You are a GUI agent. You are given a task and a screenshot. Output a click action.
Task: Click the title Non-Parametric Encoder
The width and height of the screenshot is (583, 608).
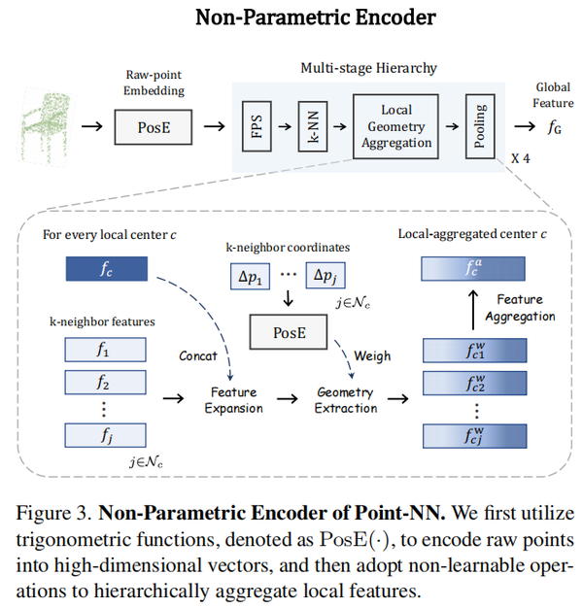pyautogui.click(x=291, y=17)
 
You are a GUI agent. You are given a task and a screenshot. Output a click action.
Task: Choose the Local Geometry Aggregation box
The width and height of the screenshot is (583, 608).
pyautogui.click(x=394, y=126)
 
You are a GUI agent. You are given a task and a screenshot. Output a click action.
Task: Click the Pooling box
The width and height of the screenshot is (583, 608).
pyautogui.click(x=479, y=126)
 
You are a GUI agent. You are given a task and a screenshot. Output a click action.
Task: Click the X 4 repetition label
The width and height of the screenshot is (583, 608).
pyautogui.click(x=523, y=159)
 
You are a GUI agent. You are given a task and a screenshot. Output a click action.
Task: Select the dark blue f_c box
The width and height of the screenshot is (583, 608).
pyautogui.click(x=105, y=269)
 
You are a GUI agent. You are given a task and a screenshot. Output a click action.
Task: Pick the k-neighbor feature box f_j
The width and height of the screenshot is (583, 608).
pyautogui.click(x=105, y=436)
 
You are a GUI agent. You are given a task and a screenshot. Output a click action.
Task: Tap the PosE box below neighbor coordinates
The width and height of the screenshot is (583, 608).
pyautogui.click(x=291, y=333)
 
